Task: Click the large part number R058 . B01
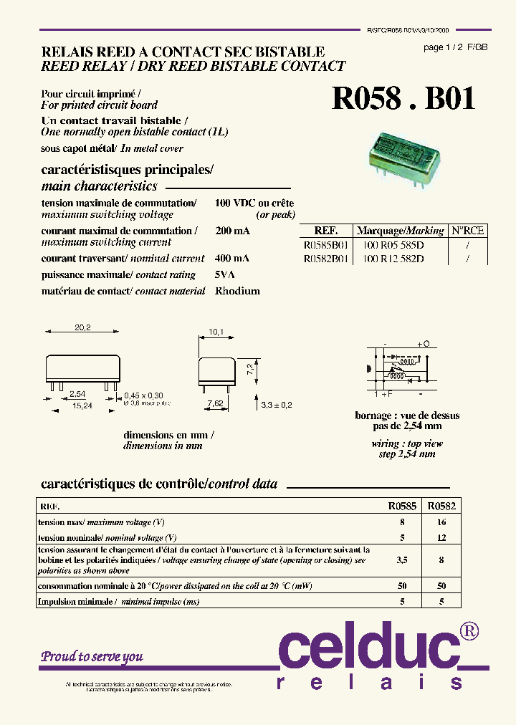[x=403, y=100]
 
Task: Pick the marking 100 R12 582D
[x=393, y=259]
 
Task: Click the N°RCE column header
[x=467, y=230]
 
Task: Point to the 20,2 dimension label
[x=82, y=328]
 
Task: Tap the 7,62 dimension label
[x=214, y=404]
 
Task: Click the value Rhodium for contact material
[x=237, y=291]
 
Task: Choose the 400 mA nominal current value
[x=232, y=258]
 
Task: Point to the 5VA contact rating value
[x=225, y=274]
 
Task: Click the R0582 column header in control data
[x=441, y=506]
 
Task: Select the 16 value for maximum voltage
[x=441, y=522]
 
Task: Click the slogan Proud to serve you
[x=92, y=656]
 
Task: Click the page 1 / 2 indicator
[x=444, y=47]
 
